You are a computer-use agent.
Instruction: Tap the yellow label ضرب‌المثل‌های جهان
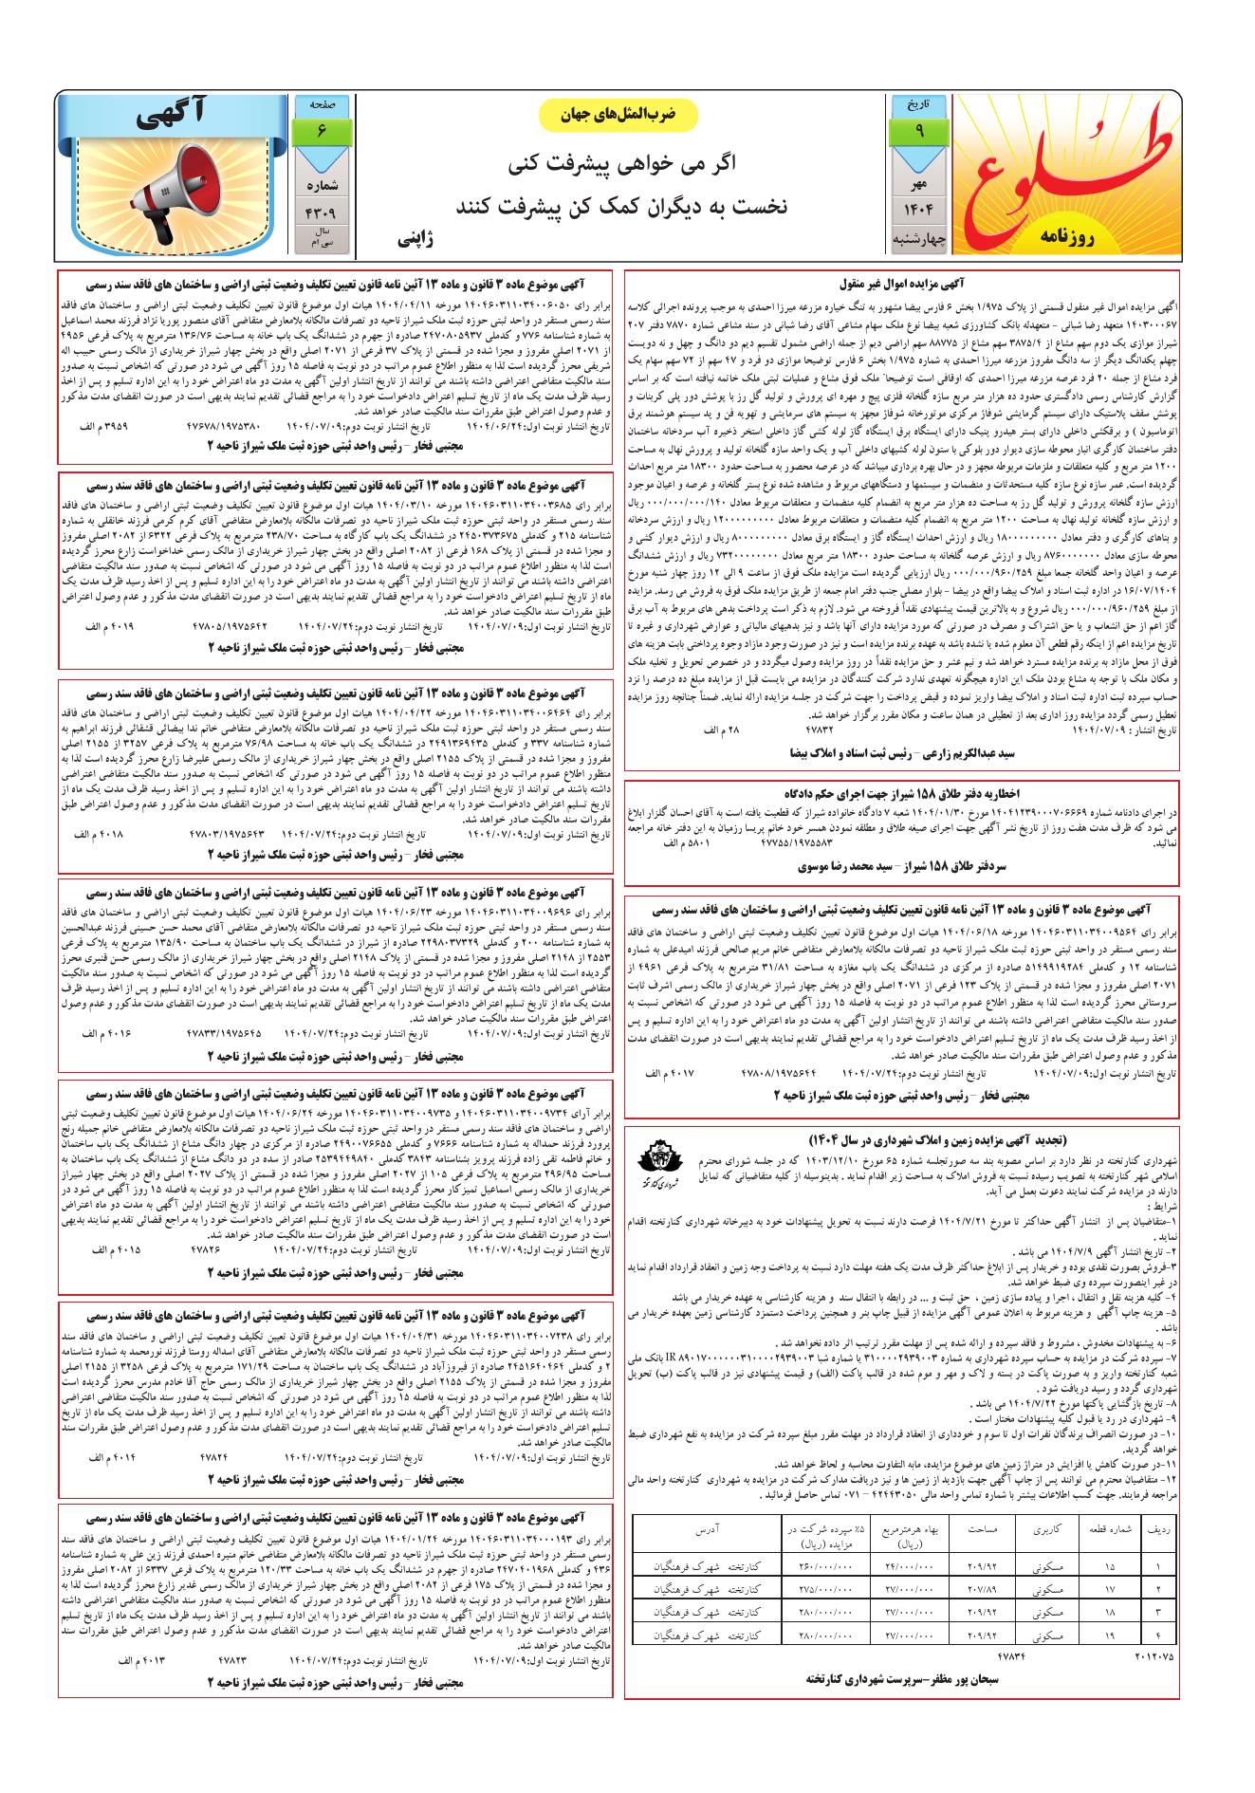[618, 115]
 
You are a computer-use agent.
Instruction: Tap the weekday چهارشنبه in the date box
[918, 241]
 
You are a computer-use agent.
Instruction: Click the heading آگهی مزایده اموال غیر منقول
[901, 283]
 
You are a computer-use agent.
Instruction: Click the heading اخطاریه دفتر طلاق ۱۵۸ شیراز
[900, 792]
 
